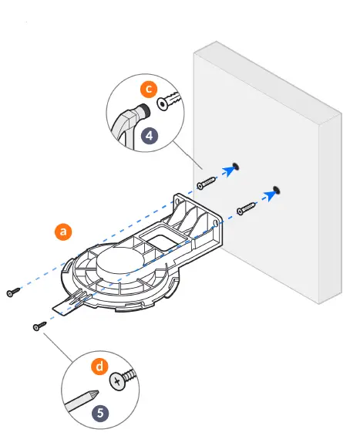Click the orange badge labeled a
pyautogui.click(x=63, y=231)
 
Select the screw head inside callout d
pyautogui.click(x=118, y=380)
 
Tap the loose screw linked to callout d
pyautogui.click(x=37, y=327)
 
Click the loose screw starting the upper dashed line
pyautogui.click(x=13, y=292)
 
